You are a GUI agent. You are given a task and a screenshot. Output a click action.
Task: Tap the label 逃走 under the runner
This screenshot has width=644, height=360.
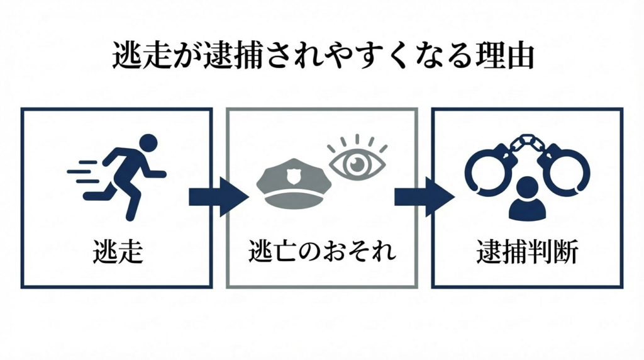(116, 252)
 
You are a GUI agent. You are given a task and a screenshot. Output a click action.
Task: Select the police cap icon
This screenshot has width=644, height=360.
(294, 184)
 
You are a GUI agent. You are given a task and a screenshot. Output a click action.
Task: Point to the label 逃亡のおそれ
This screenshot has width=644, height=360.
(322, 252)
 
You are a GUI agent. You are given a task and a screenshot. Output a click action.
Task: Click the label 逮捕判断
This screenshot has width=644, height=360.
(527, 252)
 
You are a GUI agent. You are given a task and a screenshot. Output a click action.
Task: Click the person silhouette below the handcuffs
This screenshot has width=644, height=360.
(527, 200)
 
